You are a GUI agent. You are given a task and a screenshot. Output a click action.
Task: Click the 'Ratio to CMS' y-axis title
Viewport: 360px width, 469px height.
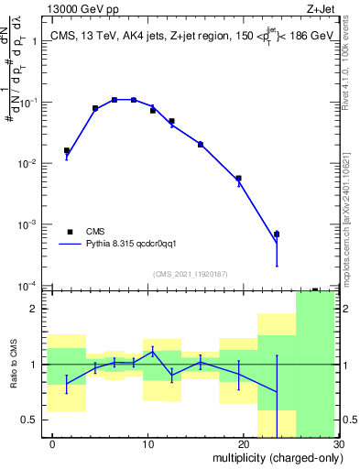(x=13, y=365)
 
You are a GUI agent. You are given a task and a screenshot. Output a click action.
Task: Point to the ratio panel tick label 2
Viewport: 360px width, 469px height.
(x=37, y=309)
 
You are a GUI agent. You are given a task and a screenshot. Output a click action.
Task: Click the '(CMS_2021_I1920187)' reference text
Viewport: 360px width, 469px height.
(x=189, y=274)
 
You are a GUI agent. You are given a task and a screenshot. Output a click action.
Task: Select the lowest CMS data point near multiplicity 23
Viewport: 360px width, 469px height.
(x=277, y=234)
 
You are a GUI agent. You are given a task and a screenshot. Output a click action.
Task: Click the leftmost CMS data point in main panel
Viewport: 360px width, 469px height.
(x=67, y=150)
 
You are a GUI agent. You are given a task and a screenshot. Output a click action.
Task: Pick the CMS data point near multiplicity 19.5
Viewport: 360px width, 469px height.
(x=238, y=179)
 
